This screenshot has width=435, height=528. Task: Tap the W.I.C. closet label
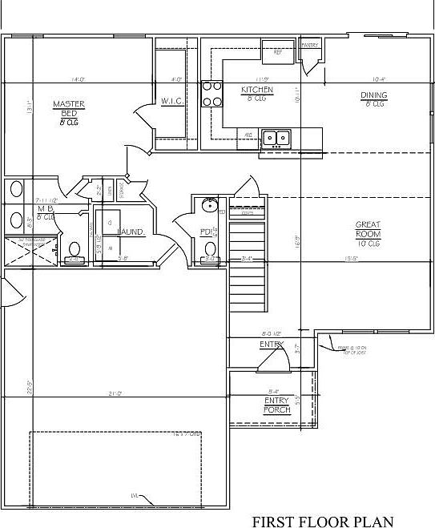point(173,101)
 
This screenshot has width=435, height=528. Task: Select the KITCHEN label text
point(257,91)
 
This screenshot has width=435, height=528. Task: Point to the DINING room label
point(373,96)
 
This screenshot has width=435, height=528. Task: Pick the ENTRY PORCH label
point(276,405)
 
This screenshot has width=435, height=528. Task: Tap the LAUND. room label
point(131,232)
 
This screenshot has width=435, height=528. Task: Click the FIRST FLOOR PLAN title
point(323,522)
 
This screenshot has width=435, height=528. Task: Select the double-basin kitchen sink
point(277,138)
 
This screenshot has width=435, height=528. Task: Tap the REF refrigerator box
point(278,53)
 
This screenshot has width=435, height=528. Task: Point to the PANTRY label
point(310,45)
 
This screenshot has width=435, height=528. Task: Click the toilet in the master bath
point(74,251)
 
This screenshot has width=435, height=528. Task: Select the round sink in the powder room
point(209,205)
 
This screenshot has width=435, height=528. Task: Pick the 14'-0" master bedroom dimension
point(78,79)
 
